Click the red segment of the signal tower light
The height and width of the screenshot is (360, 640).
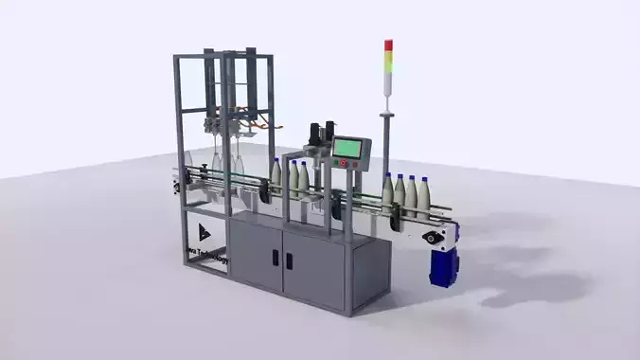click(388, 45)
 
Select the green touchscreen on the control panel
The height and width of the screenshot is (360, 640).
click(348, 148)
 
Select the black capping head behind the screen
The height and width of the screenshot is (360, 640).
click(329, 133)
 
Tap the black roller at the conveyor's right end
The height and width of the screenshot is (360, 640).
click(433, 236)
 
